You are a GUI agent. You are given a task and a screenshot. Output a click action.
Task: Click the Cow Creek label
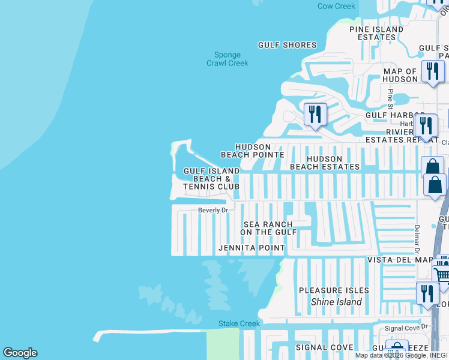[336, 6]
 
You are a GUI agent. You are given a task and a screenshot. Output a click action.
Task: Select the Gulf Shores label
[287, 45]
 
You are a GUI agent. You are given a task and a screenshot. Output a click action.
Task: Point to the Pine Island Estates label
[376, 33]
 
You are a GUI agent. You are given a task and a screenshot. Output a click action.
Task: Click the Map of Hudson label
[400, 75]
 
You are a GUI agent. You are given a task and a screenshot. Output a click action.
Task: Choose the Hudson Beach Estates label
[325, 163]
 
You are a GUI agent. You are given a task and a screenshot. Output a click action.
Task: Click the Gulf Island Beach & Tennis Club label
[211, 179]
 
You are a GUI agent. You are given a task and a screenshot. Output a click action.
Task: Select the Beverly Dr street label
[214, 211]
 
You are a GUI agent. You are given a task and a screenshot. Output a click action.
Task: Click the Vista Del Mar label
[400, 260]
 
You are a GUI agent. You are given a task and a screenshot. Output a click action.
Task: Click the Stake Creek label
[239, 323]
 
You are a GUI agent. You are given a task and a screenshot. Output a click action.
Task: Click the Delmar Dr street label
[416, 238]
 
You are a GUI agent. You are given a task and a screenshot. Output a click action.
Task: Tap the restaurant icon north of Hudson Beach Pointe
[315, 113]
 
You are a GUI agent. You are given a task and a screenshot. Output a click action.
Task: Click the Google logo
[20, 353]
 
